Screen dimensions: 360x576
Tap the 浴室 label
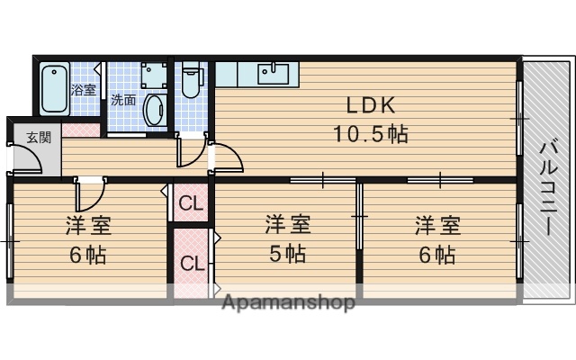[x=83, y=89]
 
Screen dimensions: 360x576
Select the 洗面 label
[x=123, y=100]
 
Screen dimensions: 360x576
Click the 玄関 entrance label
[x=38, y=138]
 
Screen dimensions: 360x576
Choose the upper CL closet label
[x=190, y=203]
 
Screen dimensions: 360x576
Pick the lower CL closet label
[x=190, y=264]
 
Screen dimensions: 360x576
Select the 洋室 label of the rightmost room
[x=437, y=223]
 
